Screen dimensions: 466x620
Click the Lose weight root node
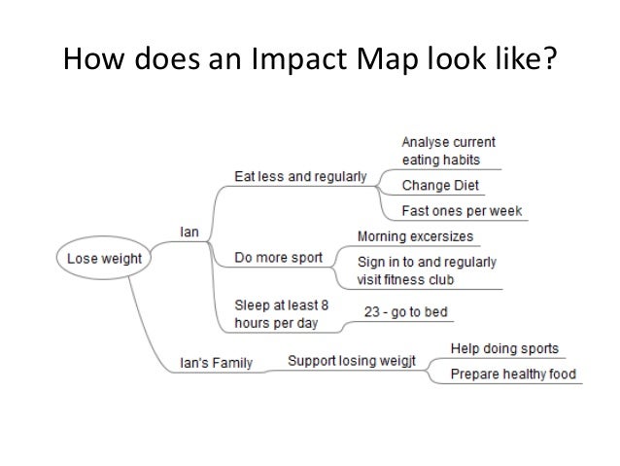coord(104,260)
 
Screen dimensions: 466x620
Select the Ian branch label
coord(190,232)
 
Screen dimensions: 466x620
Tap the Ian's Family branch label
coord(218,364)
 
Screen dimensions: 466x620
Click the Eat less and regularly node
coord(300,177)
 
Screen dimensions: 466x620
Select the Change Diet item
coord(440,185)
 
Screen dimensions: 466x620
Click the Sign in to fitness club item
coord(427,270)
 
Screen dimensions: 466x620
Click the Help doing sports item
coord(504,348)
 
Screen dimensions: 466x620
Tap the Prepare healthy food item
coord(513,375)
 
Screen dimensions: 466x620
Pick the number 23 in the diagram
coord(371,312)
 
